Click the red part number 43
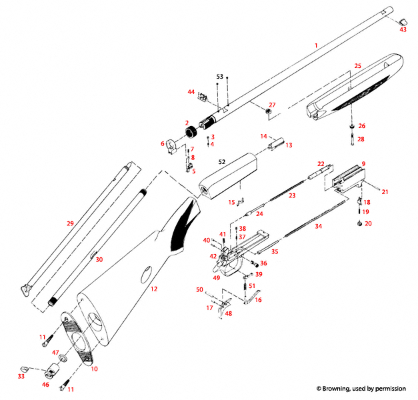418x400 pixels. pos(403,29)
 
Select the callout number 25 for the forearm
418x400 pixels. pos(357,66)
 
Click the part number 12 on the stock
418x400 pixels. pos(154,289)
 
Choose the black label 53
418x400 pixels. pos(219,77)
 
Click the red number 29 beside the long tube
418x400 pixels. pos(69,224)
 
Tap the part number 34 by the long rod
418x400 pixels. pos(318,227)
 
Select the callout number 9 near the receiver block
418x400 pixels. pos(363,163)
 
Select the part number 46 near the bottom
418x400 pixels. pos(46,385)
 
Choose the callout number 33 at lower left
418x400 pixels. pos(21,377)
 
